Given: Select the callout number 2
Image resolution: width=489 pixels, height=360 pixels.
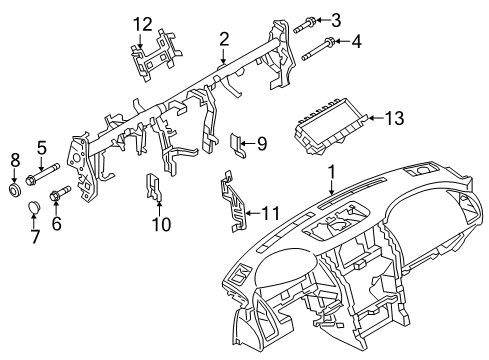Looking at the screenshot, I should tap(225, 39).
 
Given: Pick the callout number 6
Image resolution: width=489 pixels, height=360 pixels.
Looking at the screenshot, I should tap(57, 225).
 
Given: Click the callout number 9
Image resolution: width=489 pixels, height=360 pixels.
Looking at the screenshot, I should tap(261, 143).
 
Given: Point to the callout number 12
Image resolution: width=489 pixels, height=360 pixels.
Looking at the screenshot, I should tap(145, 23).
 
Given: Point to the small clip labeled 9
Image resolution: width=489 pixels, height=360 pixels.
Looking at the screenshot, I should tap(240, 145).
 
